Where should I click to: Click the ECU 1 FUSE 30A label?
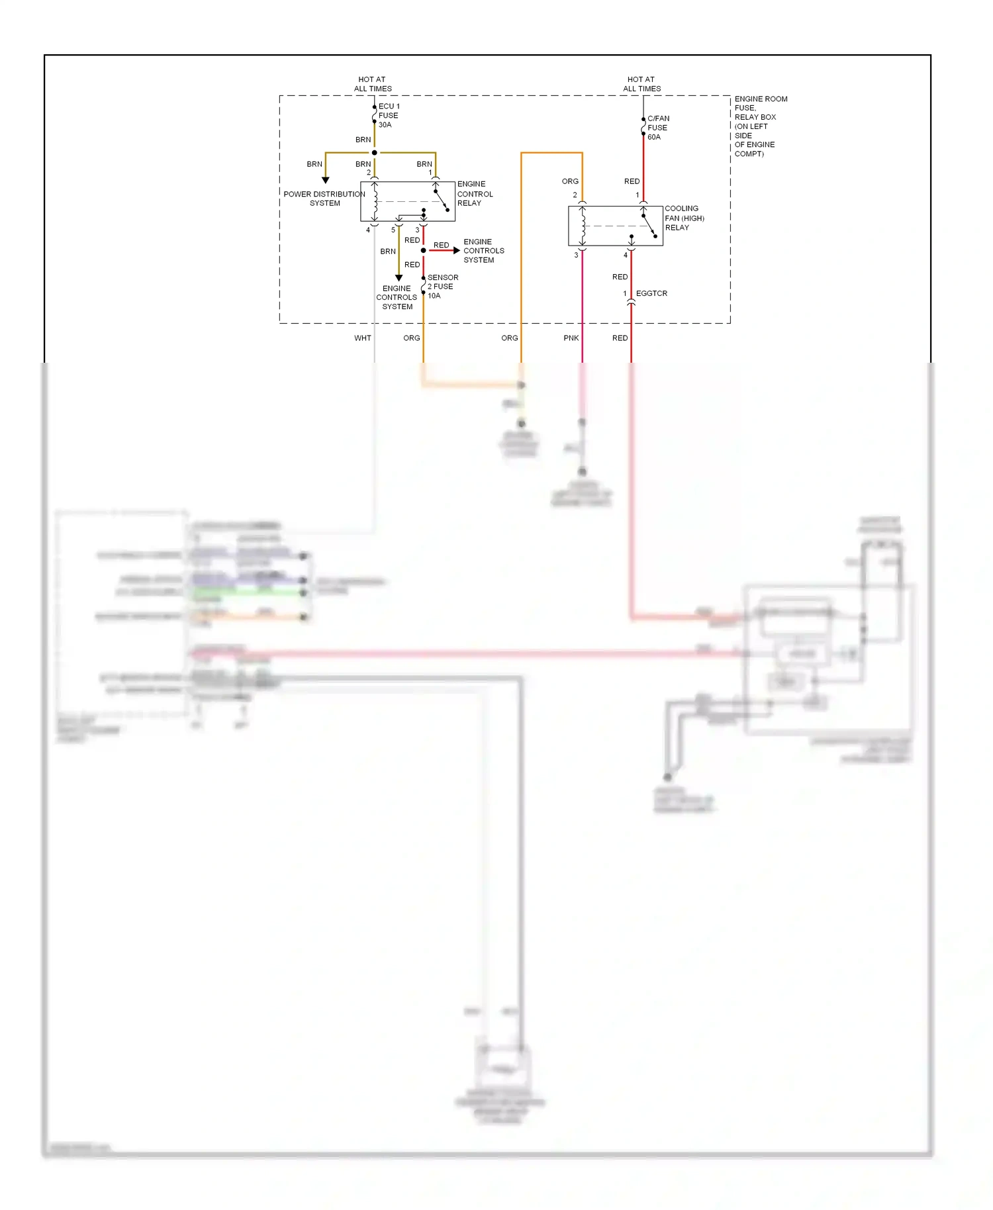pyautogui.click(x=388, y=115)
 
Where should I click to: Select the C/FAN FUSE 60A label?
pyautogui.click(x=657, y=128)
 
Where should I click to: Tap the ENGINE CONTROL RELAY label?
pyautogui.click(x=475, y=193)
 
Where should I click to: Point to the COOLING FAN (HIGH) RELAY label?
pyautogui.click(x=684, y=218)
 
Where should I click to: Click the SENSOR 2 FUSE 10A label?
pyautogui.click(x=442, y=287)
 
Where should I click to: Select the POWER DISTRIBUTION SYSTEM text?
pyautogui.click(x=324, y=199)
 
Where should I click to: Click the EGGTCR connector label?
pyautogui.click(x=651, y=293)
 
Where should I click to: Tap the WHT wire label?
pyautogui.click(x=363, y=338)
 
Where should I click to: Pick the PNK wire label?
pyautogui.click(x=571, y=338)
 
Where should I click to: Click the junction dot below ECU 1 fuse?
pyautogui.click(x=375, y=153)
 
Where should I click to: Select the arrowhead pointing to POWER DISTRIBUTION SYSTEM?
pyautogui.click(x=326, y=180)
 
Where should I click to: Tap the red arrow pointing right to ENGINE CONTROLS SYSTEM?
pyautogui.click(x=456, y=250)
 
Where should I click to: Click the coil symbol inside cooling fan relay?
pyautogui.click(x=583, y=226)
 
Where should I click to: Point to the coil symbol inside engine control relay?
pyautogui.click(x=375, y=201)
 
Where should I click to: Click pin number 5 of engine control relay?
pyautogui.click(x=393, y=230)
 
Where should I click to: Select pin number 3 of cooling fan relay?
pyautogui.click(x=576, y=256)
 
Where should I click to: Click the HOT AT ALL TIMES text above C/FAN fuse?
pyautogui.click(x=641, y=84)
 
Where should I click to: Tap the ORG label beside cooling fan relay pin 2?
pyautogui.click(x=570, y=181)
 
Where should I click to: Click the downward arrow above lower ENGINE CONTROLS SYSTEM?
pyautogui.click(x=399, y=278)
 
